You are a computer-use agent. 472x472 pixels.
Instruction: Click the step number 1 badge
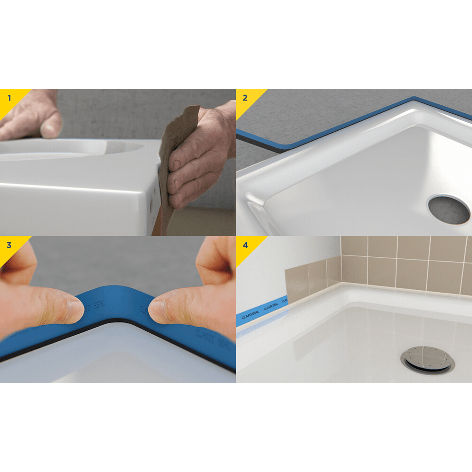click(9, 98)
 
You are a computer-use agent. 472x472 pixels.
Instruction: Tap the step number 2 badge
click(245, 98)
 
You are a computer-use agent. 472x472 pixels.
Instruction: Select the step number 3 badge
click(9, 245)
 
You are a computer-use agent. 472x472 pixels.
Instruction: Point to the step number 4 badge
click(245, 245)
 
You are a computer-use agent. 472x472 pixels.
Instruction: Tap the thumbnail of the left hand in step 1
click(51, 126)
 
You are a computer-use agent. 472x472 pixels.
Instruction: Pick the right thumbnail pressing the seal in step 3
click(157, 310)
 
